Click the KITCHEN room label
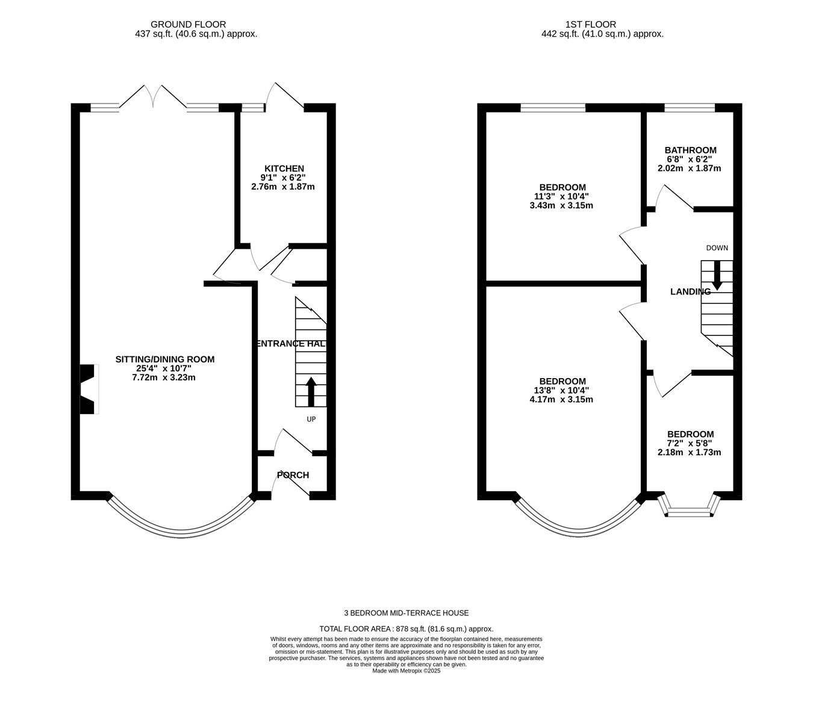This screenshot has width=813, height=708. (284, 169)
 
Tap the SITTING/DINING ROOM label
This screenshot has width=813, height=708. (165, 359)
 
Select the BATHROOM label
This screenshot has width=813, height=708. (691, 151)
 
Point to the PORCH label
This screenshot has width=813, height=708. (293, 475)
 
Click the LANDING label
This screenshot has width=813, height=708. (691, 292)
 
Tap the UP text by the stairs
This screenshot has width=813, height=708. (311, 419)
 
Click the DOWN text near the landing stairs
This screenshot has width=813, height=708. (717, 248)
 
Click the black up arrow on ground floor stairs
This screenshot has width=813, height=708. (311, 391)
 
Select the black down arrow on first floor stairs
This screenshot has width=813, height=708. (717, 275)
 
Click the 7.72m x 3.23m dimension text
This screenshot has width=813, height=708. (164, 377)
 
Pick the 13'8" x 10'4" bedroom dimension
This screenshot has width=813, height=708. (561, 391)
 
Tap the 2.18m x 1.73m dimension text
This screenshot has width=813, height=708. (690, 453)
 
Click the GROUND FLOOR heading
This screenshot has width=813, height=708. (188, 25)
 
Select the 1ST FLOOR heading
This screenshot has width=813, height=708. (591, 25)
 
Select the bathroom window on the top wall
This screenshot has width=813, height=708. (690, 108)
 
